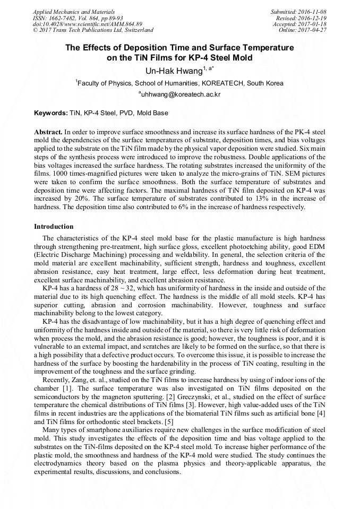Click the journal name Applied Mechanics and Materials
pyautogui.click(x=75, y=11)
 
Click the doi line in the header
pyautogui.click(x=88, y=24)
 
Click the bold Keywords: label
pyautogui.click(x=51, y=113)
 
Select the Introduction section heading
pyautogui.click(x=54, y=227)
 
